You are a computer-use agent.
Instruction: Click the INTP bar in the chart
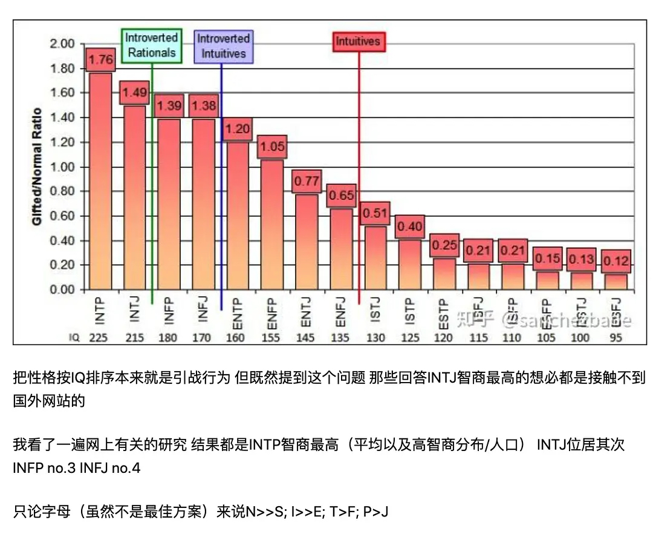[100, 182]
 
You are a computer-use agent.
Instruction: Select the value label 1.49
[134, 93]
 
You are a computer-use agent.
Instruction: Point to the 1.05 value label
[271, 147]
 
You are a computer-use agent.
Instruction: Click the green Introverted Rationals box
[151, 45]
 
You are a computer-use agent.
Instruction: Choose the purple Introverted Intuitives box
[223, 45]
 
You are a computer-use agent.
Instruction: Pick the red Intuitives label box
[358, 42]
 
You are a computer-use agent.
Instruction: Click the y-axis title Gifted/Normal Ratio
[37, 166]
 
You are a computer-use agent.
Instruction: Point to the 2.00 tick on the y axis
[63, 44]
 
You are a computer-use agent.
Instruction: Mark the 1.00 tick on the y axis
[63, 167]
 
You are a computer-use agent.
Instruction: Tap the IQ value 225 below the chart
[98, 338]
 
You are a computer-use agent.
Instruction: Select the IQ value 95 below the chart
[616, 338]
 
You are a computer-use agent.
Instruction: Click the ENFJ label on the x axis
[340, 310]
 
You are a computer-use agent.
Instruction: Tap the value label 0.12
[616, 262]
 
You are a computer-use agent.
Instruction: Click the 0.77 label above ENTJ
[306, 181]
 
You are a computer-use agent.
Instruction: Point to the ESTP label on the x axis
[443, 310]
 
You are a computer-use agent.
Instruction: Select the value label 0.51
[375, 214]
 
